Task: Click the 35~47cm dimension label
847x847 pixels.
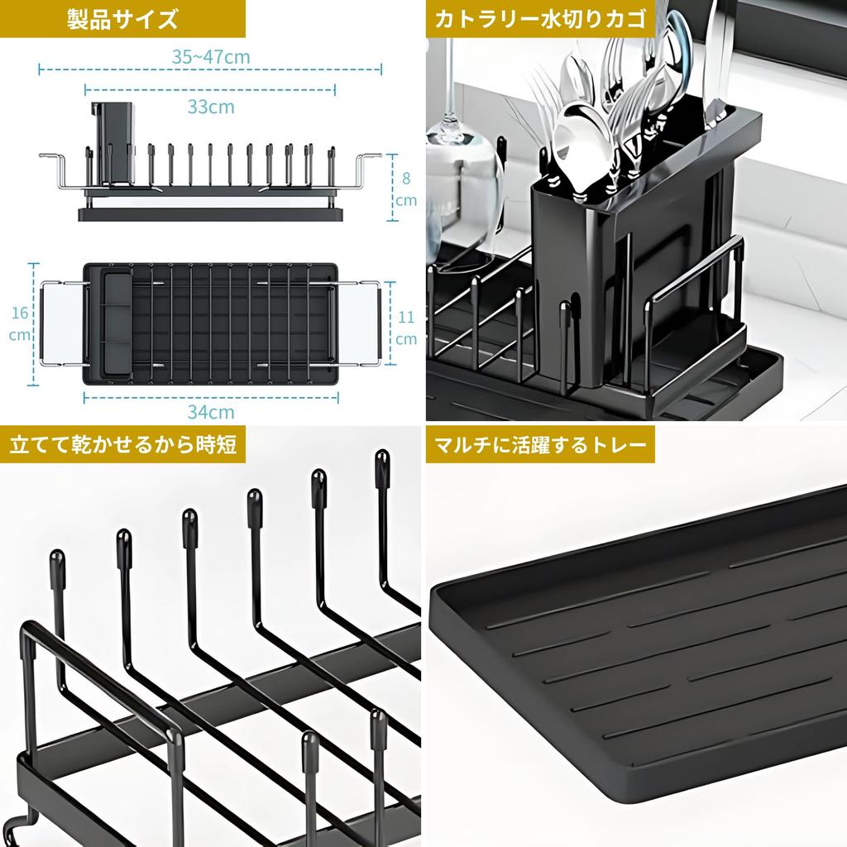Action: (x=211, y=57)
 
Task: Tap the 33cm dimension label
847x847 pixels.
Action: (x=211, y=107)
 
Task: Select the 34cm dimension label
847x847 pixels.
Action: (x=211, y=411)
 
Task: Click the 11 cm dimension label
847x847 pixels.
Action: (x=405, y=327)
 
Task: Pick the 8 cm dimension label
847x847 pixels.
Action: (x=405, y=189)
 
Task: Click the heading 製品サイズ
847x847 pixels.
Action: (x=122, y=19)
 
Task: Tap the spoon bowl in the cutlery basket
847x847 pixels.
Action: (x=579, y=136)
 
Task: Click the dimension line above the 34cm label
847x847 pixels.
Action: (x=211, y=396)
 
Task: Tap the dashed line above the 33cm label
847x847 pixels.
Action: (x=211, y=89)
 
